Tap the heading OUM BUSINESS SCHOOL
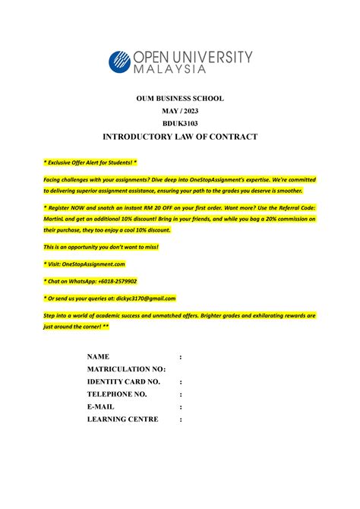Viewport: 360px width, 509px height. [x=180, y=99]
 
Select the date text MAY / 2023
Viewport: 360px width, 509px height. [x=180, y=111]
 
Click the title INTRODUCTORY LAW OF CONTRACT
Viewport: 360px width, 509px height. [x=180, y=137]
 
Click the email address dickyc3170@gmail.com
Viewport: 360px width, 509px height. [x=137, y=299]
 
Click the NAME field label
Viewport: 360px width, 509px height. [x=99, y=356]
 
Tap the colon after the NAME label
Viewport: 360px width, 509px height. [x=180, y=356]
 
